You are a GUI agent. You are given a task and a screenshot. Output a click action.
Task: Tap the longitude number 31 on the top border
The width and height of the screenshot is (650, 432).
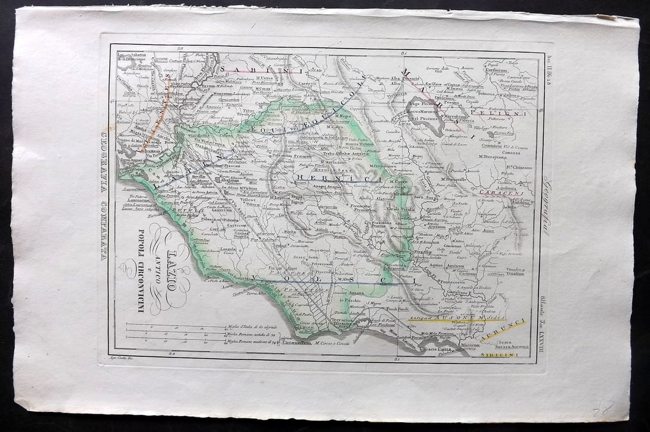click(x=404, y=54)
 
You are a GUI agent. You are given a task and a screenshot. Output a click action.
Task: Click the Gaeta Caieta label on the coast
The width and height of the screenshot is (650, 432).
click(x=438, y=349)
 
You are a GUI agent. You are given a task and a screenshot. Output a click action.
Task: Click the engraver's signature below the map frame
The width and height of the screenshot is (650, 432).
click(x=121, y=358)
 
